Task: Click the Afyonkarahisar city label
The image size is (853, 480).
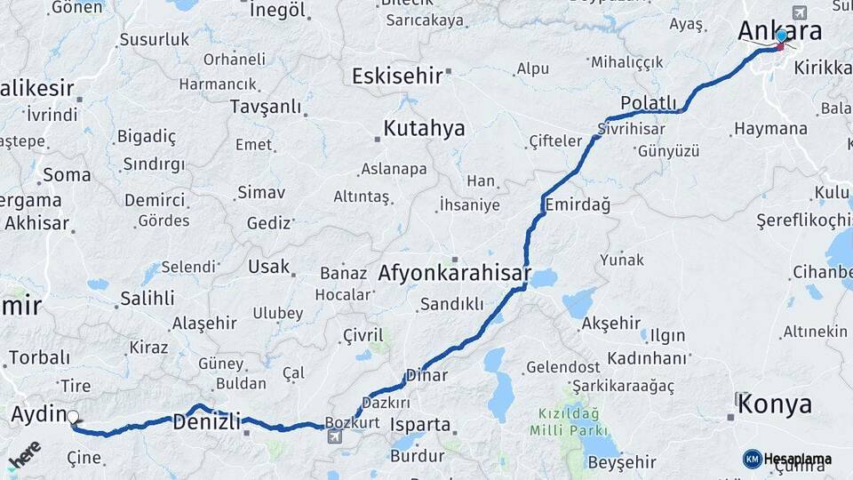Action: coord(454,273)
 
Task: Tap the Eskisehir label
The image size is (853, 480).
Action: coord(396,76)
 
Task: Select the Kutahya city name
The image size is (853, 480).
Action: coord(424,129)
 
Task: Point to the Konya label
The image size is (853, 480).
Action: coord(775,404)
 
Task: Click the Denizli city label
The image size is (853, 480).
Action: coord(206,422)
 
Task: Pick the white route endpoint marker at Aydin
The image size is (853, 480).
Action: coord(73,416)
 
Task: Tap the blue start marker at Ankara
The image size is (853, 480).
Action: coord(781,36)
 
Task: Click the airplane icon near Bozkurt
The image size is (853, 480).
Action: coord(335,436)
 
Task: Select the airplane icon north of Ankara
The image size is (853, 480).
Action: coord(798,12)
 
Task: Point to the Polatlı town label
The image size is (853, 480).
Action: coord(649,103)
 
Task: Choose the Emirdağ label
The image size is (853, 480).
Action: coord(578,204)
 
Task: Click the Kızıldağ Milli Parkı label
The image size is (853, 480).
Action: coord(568,421)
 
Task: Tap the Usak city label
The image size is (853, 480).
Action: coord(269,267)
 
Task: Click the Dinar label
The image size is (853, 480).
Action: coord(426,375)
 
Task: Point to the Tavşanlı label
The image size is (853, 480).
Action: coord(266,107)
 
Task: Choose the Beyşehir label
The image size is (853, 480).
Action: coord(622,462)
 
